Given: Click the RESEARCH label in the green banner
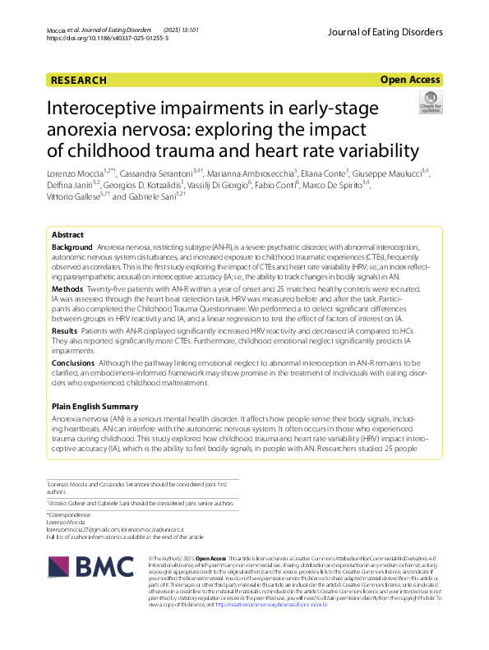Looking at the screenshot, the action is click(79, 81).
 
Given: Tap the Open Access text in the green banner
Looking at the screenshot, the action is click(411, 81).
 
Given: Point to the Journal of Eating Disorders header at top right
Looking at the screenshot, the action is click(384, 32).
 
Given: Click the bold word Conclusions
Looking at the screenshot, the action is click(73, 362).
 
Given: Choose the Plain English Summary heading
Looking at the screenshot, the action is click(100, 407).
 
